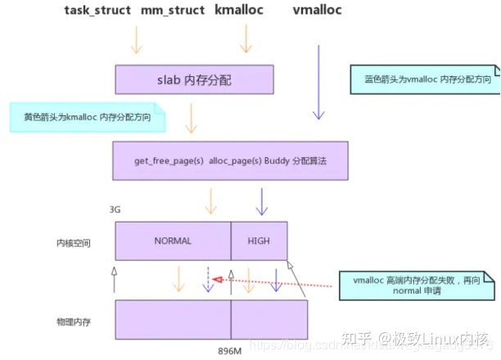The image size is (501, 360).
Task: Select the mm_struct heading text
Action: pos(173,11)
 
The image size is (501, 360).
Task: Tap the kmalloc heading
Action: pos(244,11)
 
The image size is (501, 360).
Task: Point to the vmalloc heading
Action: pos(317,11)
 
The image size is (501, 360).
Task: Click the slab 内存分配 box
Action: pos(194,79)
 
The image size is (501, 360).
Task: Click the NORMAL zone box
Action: pos(172,241)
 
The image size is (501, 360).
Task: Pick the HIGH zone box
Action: pos(259,241)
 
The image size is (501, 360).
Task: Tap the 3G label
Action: pos(115,210)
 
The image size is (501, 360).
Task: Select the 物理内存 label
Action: pos(74,322)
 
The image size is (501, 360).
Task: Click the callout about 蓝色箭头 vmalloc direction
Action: pos(422,79)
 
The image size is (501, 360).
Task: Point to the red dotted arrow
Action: pos(273,282)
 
